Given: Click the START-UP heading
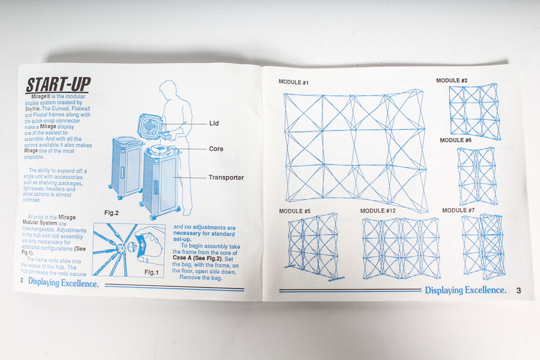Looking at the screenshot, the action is click(58, 85).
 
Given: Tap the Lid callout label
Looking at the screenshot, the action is click(214, 123).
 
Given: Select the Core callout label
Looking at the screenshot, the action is click(216, 148).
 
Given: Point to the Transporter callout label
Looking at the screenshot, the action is click(226, 178).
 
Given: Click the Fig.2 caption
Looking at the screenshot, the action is click(111, 213).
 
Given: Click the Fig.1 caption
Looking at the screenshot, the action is click(151, 272).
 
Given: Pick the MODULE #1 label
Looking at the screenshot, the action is click(293, 82).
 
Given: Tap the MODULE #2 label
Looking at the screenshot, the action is click(452, 80).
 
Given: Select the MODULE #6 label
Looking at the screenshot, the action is click(456, 140).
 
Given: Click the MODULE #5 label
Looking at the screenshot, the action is click(295, 211).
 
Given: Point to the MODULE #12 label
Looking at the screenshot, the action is click(378, 210).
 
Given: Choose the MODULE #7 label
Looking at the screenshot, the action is click(458, 210).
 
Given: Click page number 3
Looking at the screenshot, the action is click(518, 290).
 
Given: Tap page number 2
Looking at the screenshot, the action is click(22, 281).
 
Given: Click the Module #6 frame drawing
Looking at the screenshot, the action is click(477, 176).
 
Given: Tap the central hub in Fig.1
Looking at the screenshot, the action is click(120, 247).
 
